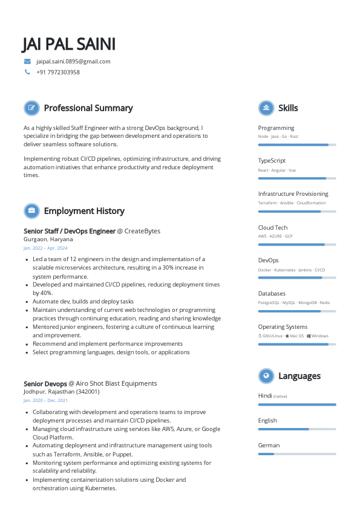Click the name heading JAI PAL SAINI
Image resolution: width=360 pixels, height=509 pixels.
coord(68,44)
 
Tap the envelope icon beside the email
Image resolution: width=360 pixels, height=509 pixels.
coord(27,61)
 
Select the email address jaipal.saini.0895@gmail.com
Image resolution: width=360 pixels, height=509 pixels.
coord(73,61)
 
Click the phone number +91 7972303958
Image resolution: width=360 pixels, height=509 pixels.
coord(58,72)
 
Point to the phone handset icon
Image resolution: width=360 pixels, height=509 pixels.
coord(27,72)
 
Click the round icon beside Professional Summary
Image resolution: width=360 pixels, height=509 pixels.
coord(31,108)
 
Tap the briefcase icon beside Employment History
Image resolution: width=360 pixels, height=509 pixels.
coord(31,211)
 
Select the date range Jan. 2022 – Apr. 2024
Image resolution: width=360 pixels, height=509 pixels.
coord(45,248)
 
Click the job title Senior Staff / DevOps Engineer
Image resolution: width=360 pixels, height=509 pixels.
coord(69,231)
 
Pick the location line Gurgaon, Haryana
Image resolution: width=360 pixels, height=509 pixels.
coord(48,239)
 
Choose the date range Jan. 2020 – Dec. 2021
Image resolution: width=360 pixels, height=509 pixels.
coord(45,401)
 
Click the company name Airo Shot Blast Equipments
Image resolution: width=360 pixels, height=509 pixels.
coord(116,383)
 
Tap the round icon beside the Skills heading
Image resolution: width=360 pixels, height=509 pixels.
coord(266,108)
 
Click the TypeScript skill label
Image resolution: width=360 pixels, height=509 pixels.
coord(272,161)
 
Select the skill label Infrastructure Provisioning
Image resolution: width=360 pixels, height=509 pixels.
coord(293,194)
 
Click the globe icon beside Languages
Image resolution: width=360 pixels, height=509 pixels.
coord(266,376)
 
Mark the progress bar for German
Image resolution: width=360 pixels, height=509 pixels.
coord(296,453)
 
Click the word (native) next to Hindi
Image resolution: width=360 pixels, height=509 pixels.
coord(280,397)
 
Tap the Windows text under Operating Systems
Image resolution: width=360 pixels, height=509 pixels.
coord(319,336)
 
